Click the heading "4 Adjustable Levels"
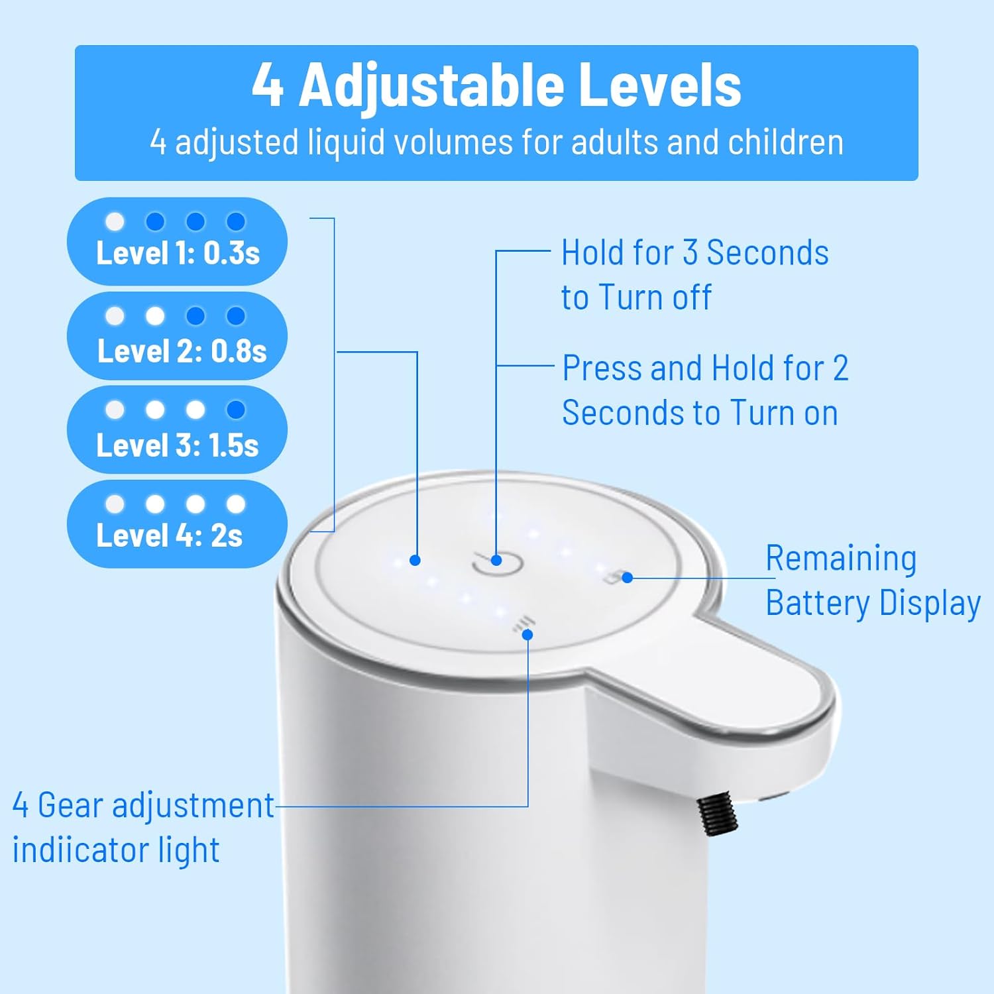click(x=496, y=85)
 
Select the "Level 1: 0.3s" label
click(x=178, y=253)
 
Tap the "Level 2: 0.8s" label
click(x=182, y=351)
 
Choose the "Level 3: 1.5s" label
click(x=177, y=445)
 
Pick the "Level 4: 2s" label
click(x=169, y=535)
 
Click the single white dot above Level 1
click(x=115, y=221)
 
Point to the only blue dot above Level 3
click(x=236, y=410)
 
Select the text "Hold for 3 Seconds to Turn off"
click(x=694, y=274)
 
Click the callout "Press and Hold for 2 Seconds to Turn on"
click(x=704, y=390)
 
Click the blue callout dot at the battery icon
click(x=627, y=577)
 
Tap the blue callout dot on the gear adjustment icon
click(x=527, y=635)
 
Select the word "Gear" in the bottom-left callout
click(x=70, y=806)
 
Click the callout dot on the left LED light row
click(x=415, y=560)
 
